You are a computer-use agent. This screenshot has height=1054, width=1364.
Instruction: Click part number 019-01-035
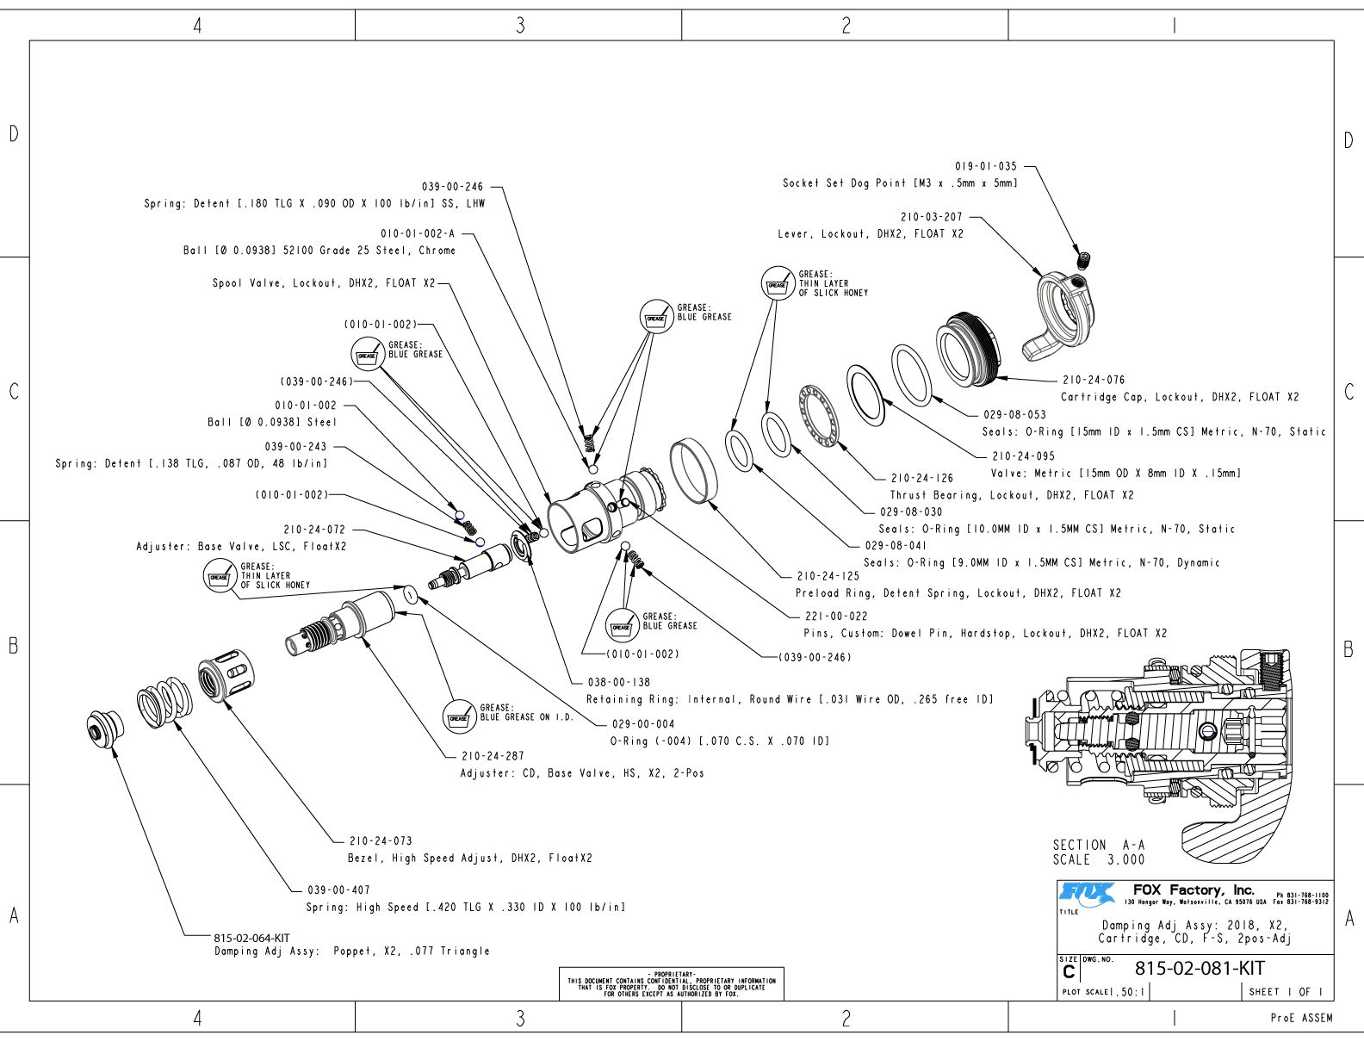985,166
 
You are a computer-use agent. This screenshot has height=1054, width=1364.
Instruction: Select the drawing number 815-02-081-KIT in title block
1200,968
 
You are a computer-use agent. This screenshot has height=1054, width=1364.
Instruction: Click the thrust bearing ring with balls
818,416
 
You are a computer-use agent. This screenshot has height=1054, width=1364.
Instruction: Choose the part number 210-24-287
493,756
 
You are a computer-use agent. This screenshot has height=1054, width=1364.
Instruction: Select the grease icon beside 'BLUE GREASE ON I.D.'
459,716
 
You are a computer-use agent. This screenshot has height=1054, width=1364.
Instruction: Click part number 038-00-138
619,682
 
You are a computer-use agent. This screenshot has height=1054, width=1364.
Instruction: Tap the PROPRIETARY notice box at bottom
672,984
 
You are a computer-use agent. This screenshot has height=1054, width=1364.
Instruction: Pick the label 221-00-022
836,617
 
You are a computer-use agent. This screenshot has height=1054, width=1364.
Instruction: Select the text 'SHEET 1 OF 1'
1286,991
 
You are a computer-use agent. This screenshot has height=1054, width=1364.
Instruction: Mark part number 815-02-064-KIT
251,937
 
